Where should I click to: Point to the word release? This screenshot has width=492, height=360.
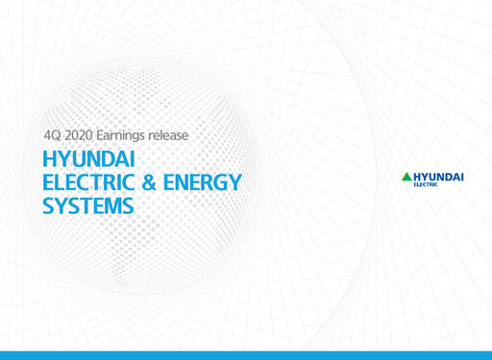pos(184,136)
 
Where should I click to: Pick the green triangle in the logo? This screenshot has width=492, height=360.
pos(406,177)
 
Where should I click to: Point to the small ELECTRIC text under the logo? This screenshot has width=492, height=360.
pos(425,185)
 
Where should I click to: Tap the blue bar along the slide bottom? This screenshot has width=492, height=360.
pos(246,355)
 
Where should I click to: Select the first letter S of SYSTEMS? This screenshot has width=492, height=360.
pos(51,205)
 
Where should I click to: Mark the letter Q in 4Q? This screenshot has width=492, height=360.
pos(60,136)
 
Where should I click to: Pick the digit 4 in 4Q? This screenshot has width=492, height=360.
pos(50,136)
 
